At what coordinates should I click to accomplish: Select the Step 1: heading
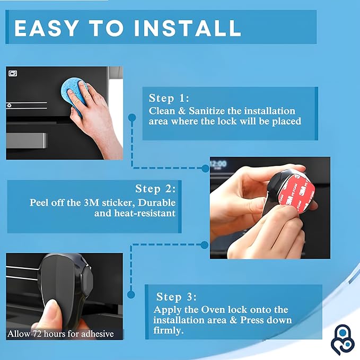click(169, 99)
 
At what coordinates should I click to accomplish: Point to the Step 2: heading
click(155, 189)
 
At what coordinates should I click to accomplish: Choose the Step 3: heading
click(177, 297)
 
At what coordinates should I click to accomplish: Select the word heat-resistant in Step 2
click(144, 214)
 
